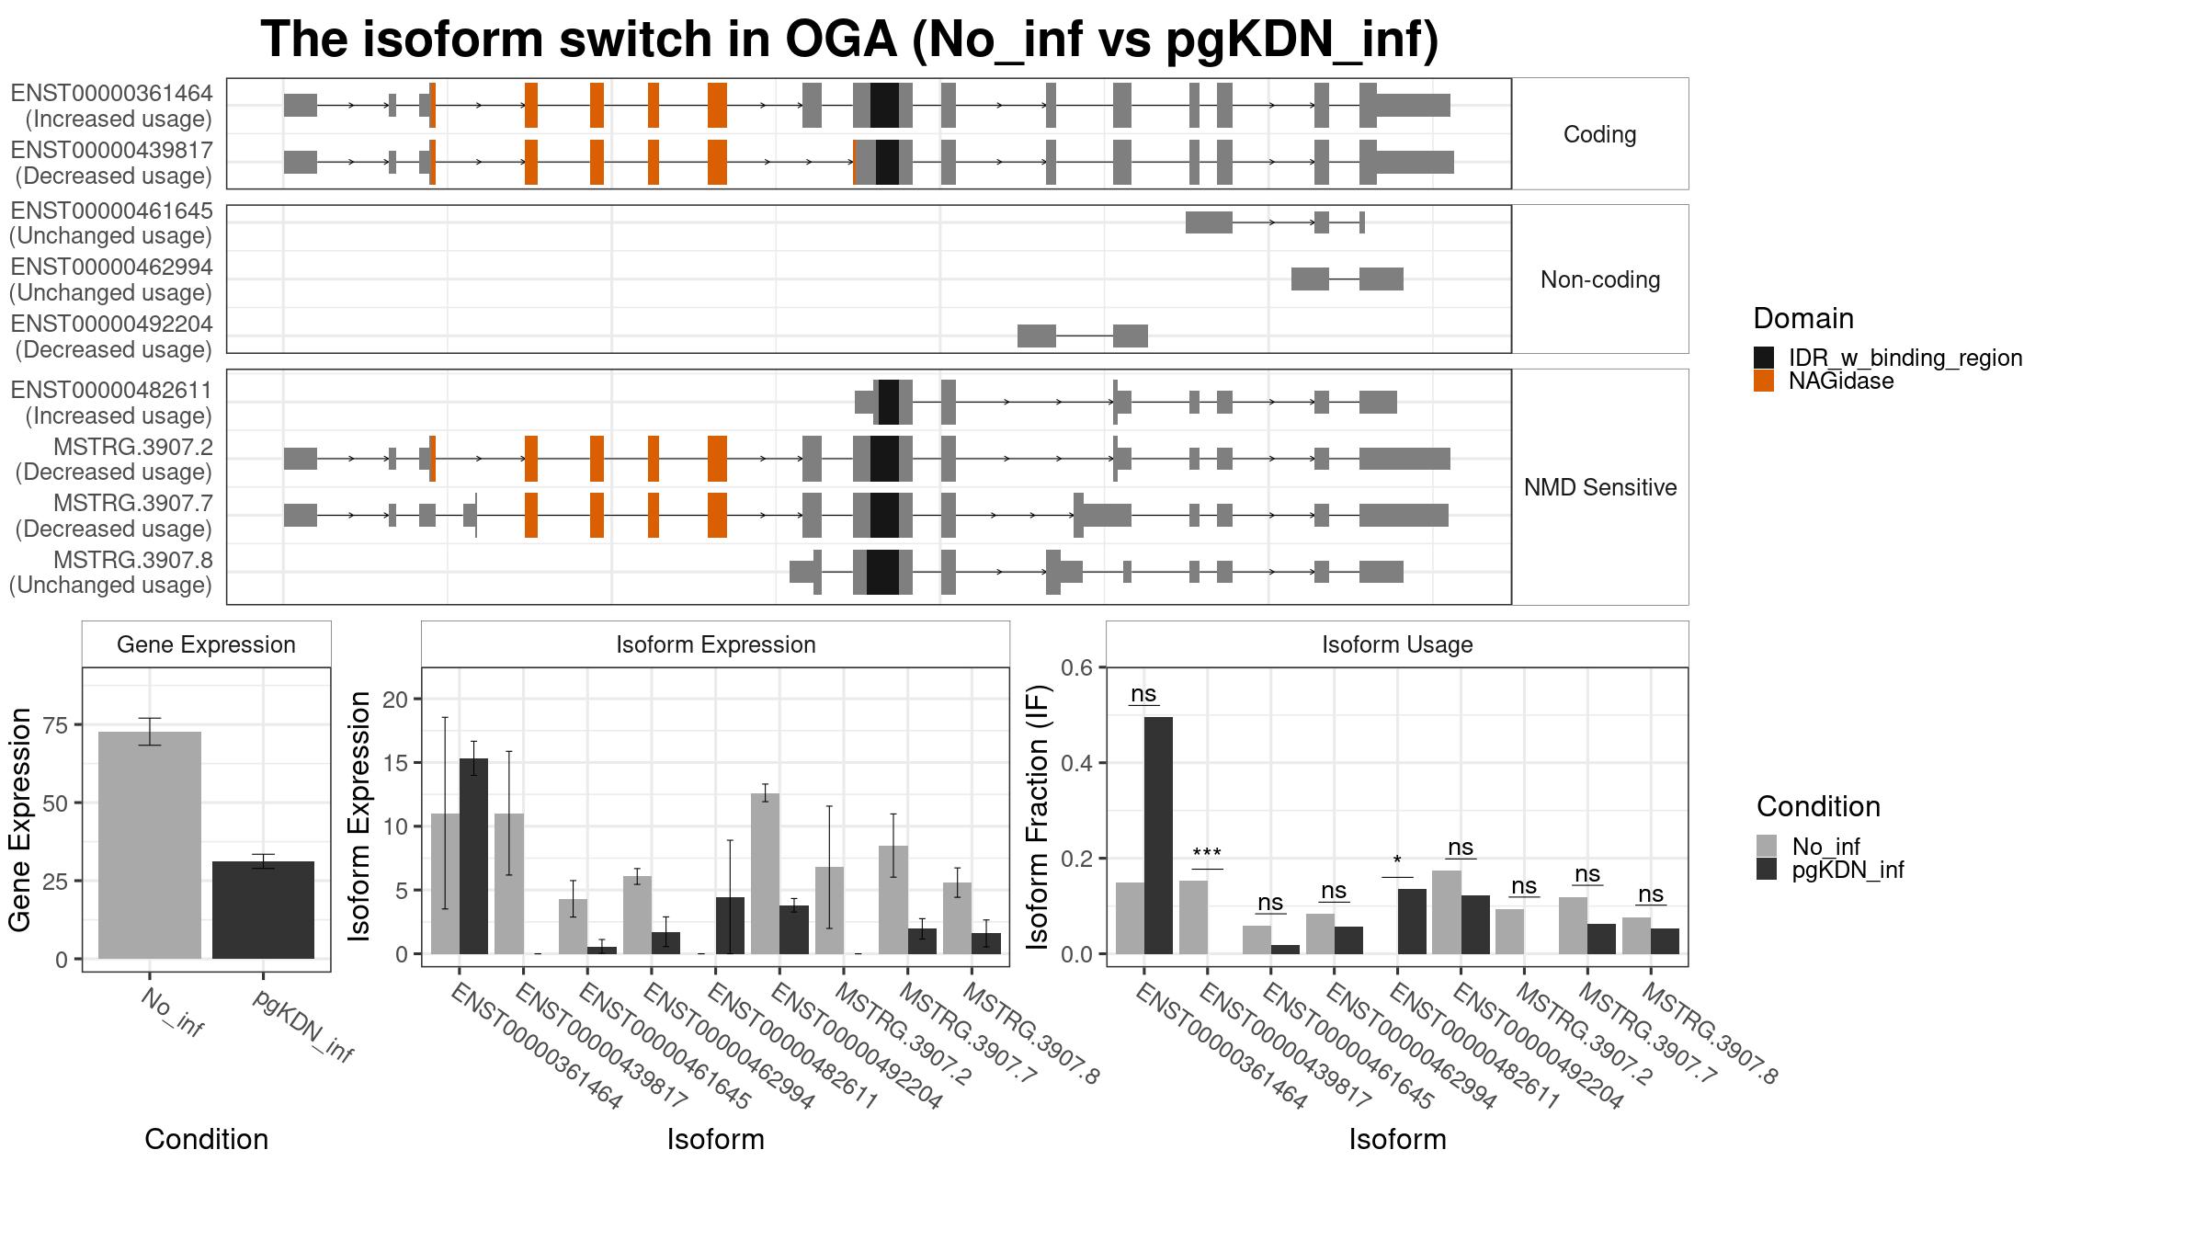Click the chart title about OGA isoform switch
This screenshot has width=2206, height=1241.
click(x=849, y=40)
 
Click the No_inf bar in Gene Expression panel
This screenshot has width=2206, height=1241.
click(x=150, y=845)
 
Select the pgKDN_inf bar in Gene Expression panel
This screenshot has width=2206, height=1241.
click(x=263, y=910)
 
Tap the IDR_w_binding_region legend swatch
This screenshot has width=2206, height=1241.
click(x=1764, y=358)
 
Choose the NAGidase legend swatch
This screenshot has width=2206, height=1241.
click(x=1764, y=381)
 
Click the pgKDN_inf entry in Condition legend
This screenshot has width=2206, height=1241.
click(x=1848, y=870)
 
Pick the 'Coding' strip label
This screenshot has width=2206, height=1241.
click(x=1599, y=134)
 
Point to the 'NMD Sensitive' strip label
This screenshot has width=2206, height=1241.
click(x=1600, y=487)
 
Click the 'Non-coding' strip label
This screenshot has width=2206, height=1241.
click(x=1600, y=279)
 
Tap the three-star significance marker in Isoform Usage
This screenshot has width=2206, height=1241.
click(x=1207, y=854)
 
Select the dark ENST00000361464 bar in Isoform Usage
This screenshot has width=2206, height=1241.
click(x=1158, y=836)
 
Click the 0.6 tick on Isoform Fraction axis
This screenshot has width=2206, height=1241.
click(x=1077, y=667)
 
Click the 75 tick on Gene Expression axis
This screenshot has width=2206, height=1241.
click(x=56, y=725)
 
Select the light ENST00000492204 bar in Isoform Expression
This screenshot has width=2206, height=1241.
click(x=765, y=873)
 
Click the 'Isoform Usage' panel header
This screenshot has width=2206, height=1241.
click(x=1397, y=644)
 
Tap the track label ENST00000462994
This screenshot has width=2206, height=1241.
click(x=111, y=267)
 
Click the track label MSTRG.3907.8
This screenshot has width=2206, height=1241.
click(x=133, y=560)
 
